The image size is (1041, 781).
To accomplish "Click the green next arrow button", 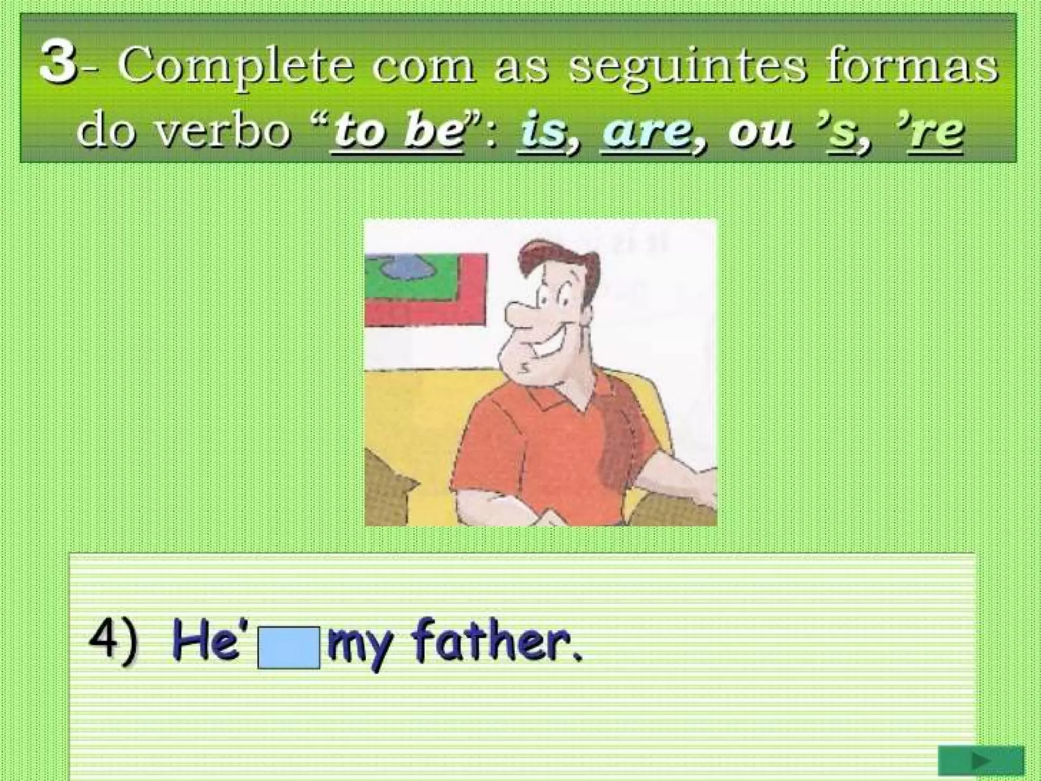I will click(x=980, y=761).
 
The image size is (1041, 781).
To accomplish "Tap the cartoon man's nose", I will click(x=521, y=315).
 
